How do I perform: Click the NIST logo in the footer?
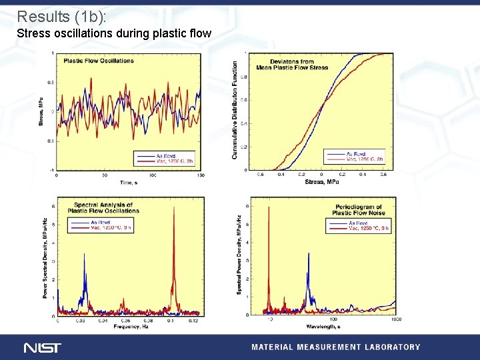42,347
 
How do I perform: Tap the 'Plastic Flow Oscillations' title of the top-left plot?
99,61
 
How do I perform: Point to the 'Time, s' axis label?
127,182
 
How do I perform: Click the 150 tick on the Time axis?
201,176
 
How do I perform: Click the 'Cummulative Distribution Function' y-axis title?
235,110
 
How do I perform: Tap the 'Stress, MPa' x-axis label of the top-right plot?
321,182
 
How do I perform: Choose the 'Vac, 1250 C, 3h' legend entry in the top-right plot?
364,159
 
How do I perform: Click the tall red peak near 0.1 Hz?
174,208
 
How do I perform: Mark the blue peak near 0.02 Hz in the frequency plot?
84,255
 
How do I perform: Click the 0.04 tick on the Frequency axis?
103,321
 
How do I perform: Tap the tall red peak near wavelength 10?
269,208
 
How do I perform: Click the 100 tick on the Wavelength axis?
332,321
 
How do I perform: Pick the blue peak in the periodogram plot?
309,254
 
